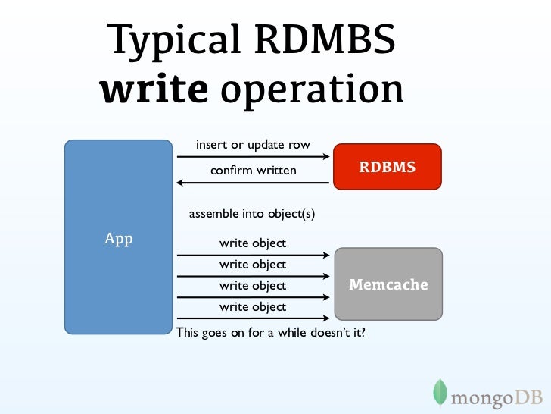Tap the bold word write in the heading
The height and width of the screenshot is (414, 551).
click(154, 89)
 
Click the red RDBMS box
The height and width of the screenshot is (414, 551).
click(388, 167)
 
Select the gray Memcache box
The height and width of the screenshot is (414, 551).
click(388, 284)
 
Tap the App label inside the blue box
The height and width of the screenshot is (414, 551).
click(118, 240)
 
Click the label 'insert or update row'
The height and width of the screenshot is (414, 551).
click(253, 145)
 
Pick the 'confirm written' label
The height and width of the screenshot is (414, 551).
click(253, 171)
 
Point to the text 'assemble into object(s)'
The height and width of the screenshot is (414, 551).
click(251, 214)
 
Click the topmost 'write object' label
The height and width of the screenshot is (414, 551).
click(253, 243)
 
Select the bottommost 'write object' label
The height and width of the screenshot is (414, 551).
click(253, 307)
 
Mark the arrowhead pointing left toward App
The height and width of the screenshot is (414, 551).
click(180, 183)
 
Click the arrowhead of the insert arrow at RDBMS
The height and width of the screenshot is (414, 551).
click(328, 157)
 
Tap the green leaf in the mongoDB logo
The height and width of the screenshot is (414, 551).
click(439, 392)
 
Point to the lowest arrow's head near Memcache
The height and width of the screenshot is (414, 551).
click(328, 318)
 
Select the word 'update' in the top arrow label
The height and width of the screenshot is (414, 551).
click(267, 145)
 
